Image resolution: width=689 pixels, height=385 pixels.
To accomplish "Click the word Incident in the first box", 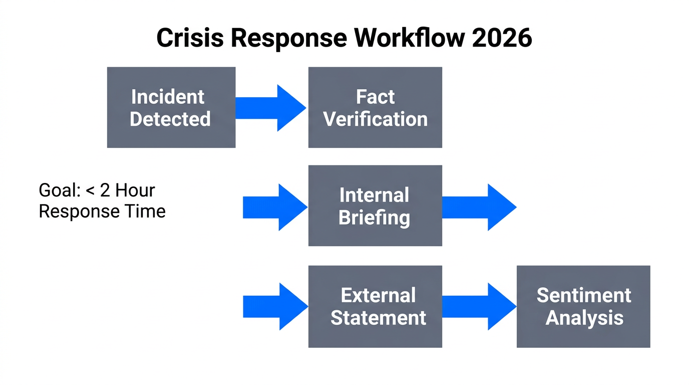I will pyautogui.click(x=167, y=96).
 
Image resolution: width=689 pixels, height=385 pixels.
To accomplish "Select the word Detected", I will pyautogui.click(x=170, y=119).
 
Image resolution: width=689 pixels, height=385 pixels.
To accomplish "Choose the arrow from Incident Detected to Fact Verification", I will pyautogui.click(x=270, y=108).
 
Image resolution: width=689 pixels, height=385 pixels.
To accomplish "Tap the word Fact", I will pyautogui.click(x=375, y=96).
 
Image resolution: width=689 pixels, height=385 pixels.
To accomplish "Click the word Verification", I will pyautogui.click(x=375, y=119).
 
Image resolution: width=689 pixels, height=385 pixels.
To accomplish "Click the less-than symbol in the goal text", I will pyautogui.click(x=91, y=191).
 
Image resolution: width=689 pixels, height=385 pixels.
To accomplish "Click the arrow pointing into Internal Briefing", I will pyautogui.click(x=275, y=207).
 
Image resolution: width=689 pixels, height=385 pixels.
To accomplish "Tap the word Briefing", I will pyautogui.click(x=374, y=218).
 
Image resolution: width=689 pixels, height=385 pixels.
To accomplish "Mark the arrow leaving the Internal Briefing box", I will pyautogui.click(x=479, y=207).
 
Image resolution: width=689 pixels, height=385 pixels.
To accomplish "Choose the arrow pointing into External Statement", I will pyautogui.click(x=275, y=306).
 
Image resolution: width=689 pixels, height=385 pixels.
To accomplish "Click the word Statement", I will pyautogui.click(x=378, y=318).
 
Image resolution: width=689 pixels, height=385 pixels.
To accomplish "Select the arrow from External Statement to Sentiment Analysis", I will pyautogui.click(x=479, y=306).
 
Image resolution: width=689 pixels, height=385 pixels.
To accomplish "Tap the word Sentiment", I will pyautogui.click(x=583, y=295).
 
